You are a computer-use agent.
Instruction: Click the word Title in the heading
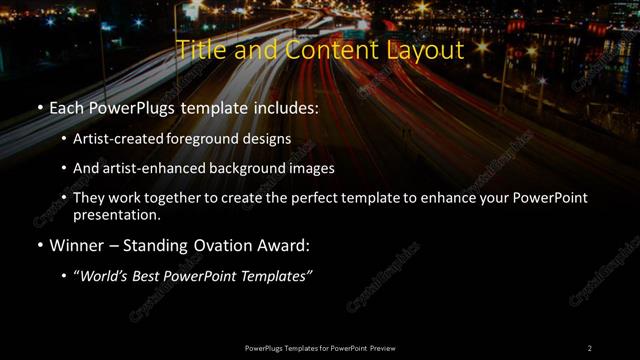click(200, 50)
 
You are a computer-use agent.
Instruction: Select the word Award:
click(287, 245)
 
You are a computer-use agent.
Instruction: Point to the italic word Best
click(150, 275)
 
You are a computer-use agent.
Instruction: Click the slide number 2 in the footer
click(590, 348)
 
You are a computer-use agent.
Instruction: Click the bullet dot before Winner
click(39, 245)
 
